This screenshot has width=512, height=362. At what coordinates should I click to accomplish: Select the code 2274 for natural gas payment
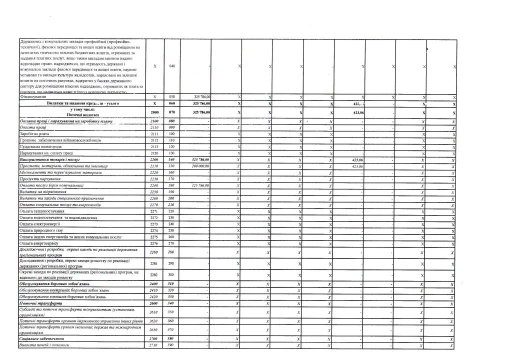(x=154, y=230)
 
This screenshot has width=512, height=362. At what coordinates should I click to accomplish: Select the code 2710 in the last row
(x=154, y=345)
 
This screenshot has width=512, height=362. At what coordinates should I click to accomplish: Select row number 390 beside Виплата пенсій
(x=172, y=345)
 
